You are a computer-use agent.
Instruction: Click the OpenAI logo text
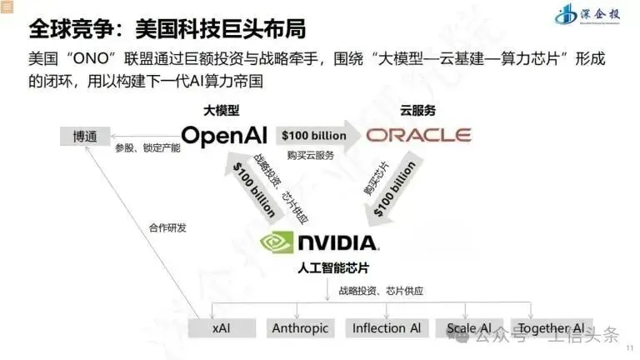pos(225,135)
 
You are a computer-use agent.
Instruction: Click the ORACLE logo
pos(419,135)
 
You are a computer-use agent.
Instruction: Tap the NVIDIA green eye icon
pos(277,242)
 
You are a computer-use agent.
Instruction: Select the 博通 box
pos(84,136)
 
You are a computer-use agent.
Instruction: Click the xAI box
pos(221,328)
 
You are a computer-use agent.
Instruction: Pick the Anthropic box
pos(300,328)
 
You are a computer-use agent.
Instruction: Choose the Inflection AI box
pos(386,328)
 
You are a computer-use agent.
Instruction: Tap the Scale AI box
pos(469,328)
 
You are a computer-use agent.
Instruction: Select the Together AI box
pos(551,328)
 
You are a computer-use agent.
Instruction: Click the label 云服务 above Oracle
pos(417,110)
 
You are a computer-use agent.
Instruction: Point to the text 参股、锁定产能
pos(147,148)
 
